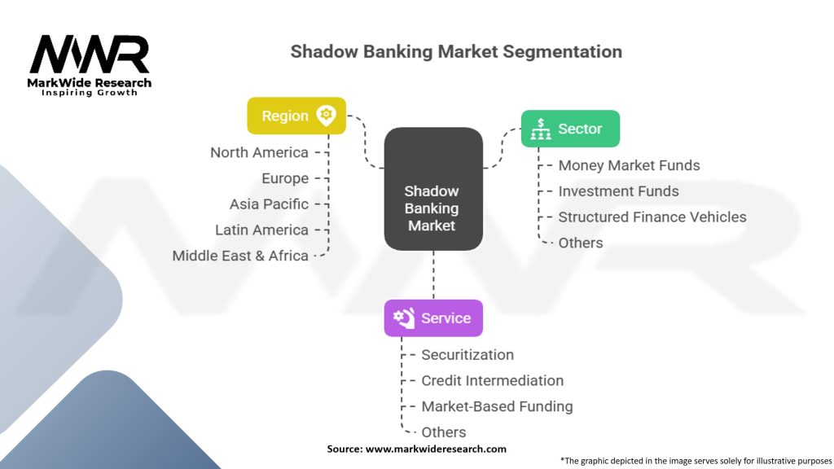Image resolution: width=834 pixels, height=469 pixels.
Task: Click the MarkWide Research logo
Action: click(x=90, y=64)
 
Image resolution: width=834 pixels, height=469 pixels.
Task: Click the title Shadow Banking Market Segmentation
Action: click(x=456, y=52)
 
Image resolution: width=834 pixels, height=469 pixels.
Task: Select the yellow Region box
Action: click(x=296, y=116)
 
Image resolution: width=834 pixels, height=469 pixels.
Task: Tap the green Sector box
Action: click(x=570, y=129)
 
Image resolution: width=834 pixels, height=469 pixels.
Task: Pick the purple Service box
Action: click(x=433, y=318)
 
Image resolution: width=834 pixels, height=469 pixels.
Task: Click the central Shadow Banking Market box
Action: click(x=432, y=208)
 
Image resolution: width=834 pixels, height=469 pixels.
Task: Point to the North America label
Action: click(x=259, y=152)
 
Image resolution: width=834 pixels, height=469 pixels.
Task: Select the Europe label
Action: click(x=285, y=178)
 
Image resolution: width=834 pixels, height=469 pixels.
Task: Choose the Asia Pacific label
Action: click(x=269, y=204)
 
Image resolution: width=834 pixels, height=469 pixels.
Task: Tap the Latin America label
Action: click(x=261, y=230)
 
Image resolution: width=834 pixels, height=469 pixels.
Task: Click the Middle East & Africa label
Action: click(x=240, y=256)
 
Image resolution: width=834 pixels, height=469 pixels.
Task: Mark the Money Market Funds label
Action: click(x=629, y=165)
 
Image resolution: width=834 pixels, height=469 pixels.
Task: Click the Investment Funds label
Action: click(x=618, y=191)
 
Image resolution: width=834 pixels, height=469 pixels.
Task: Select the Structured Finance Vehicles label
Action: click(x=652, y=217)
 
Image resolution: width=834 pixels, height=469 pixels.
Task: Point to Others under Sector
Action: click(x=581, y=243)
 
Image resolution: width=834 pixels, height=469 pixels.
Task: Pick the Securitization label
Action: click(x=467, y=355)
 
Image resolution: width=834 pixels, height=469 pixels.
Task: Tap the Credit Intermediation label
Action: click(x=492, y=380)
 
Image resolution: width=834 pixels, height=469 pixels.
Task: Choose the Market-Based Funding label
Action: click(x=497, y=406)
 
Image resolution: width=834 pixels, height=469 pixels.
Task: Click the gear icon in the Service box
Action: click(x=403, y=318)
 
